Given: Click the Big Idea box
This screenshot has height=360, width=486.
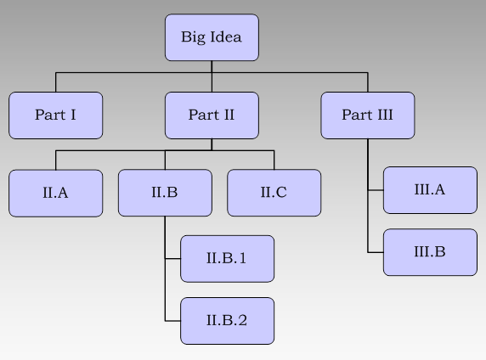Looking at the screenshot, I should [212, 37].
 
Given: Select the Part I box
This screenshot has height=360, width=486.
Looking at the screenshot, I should [56, 115].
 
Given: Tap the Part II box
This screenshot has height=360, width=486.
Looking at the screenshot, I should [212, 115].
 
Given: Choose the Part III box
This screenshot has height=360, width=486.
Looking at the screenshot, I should [367, 115].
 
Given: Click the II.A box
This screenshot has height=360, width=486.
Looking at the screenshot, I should [56, 193].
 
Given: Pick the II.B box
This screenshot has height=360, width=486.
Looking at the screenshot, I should [165, 193].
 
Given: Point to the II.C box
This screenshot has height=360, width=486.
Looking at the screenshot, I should [274, 193].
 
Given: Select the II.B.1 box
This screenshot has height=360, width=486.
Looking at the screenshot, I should [227, 258].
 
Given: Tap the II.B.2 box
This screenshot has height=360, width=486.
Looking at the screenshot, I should [227, 320].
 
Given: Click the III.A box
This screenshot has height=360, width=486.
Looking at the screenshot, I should [430, 190].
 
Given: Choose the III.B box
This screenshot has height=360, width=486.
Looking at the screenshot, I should [430, 252].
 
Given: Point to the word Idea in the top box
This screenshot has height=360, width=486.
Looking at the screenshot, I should [225, 37].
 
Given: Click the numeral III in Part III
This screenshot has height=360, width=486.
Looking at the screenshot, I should [383, 115].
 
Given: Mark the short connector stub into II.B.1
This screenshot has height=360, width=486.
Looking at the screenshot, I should [172, 258].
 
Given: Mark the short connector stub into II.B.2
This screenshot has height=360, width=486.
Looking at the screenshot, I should [172, 321].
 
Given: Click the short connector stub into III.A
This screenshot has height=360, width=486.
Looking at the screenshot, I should [376, 191].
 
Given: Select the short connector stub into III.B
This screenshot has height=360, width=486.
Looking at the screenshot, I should [376, 252].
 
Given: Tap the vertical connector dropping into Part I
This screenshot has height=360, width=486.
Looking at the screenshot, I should [56, 82].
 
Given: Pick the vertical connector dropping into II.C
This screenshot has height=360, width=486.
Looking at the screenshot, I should [274, 160].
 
